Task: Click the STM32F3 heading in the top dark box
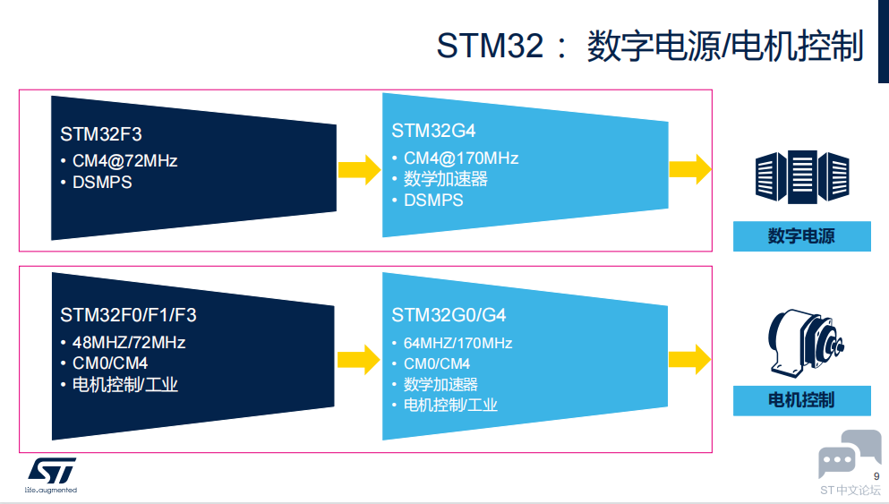coord(101,134)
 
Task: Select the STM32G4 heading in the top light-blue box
coord(433,131)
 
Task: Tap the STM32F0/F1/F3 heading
coord(128,315)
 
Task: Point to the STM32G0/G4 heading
coord(449,315)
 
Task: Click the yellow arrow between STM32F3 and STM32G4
coord(358,167)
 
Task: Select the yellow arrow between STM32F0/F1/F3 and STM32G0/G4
coord(358,359)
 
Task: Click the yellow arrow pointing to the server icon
coord(689,167)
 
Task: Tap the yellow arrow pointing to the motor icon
coord(689,358)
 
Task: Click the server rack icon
coord(802,176)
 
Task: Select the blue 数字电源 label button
coord(801,236)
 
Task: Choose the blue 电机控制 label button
coord(801,400)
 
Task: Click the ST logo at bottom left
coord(51,471)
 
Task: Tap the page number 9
coord(876,475)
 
